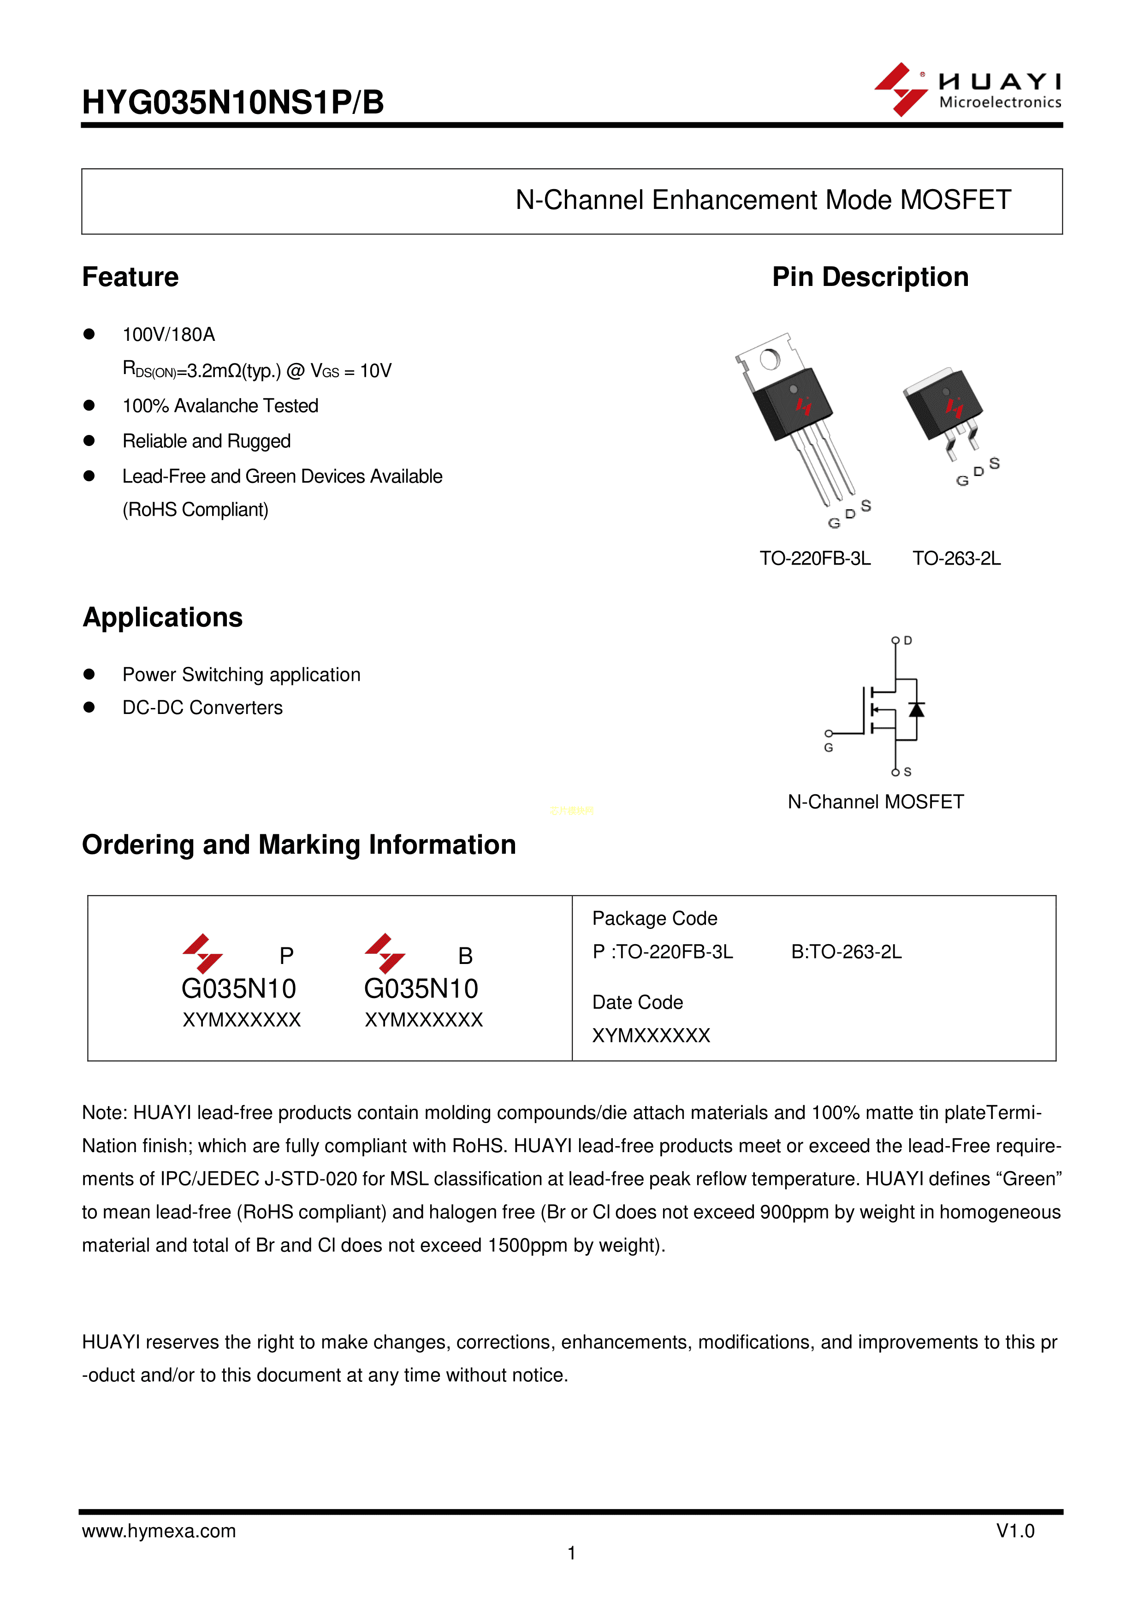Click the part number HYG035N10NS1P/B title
pyautogui.click(x=233, y=102)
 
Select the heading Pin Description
pyautogui.click(x=870, y=277)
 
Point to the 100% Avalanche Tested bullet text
pyautogui.click(x=220, y=406)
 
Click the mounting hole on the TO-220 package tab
pyautogui.click(x=770, y=359)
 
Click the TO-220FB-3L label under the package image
pyautogui.click(x=815, y=558)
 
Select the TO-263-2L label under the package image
pyautogui.click(x=957, y=558)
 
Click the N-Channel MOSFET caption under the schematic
pyautogui.click(x=876, y=802)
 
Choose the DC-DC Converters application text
pyautogui.click(x=203, y=708)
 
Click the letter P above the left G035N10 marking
pyautogui.click(x=286, y=956)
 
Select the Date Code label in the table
pyautogui.click(x=638, y=1002)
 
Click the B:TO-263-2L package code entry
pyautogui.click(x=846, y=952)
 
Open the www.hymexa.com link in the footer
pyautogui.click(x=159, y=1531)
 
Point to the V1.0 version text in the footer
pyautogui.click(x=1015, y=1531)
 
